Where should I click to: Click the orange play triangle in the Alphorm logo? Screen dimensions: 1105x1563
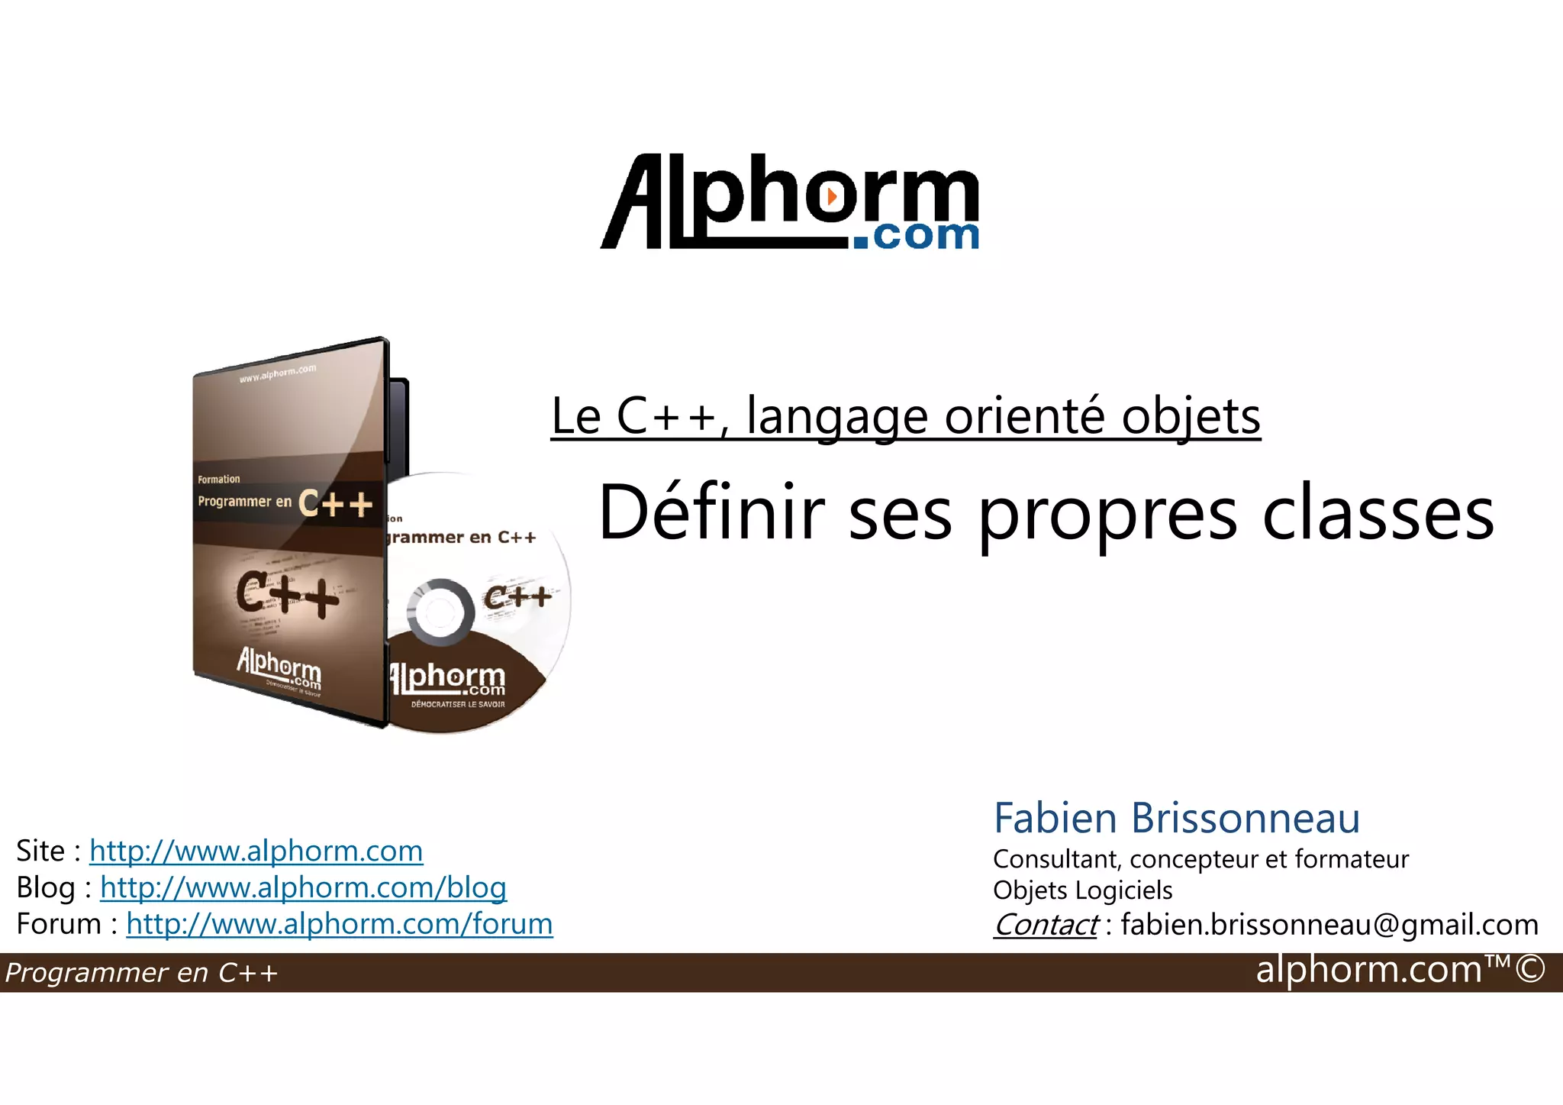pyautogui.click(x=832, y=196)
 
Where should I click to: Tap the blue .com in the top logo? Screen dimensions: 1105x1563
pyautogui.click(x=916, y=236)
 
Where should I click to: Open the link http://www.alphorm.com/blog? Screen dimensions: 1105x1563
pyautogui.click(x=303, y=887)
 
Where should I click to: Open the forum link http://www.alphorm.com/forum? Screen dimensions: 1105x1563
pyautogui.click(x=339, y=924)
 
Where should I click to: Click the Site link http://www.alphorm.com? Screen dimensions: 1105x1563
pyautogui.click(x=256, y=851)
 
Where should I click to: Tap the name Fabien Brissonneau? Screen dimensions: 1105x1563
pyautogui.click(x=1176, y=818)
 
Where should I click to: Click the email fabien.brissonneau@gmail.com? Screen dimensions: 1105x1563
pyautogui.click(x=1329, y=925)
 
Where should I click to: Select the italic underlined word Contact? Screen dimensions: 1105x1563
pyautogui.click(x=1046, y=925)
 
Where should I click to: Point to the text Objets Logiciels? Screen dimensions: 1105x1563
pyautogui.click(x=1082, y=890)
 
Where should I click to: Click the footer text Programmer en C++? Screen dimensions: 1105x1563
pyautogui.click(x=141, y=973)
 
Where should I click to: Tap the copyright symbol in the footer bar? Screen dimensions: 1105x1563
pyautogui.click(x=1530, y=970)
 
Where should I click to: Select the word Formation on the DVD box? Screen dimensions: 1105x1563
pyautogui.click(x=218, y=480)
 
